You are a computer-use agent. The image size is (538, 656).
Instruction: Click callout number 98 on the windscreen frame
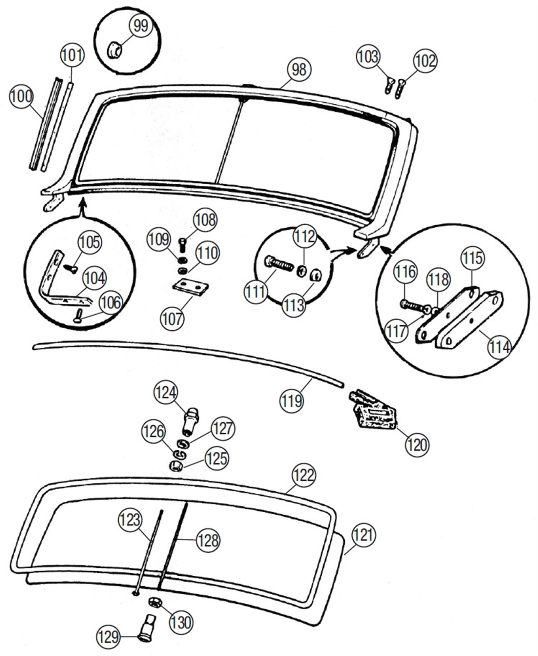pyautogui.click(x=299, y=70)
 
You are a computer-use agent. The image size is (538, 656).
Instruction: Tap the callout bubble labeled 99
pyautogui.click(x=141, y=26)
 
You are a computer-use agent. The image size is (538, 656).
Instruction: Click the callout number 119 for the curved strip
pyautogui.click(x=291, y=400)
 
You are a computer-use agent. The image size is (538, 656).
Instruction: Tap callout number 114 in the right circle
pyautogui.click(x=499, y=347)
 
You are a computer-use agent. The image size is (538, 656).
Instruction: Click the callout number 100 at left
pyautogui.click(x=22, y=97)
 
